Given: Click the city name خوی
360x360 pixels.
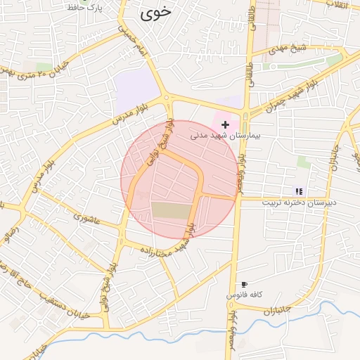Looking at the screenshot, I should coord(156,12).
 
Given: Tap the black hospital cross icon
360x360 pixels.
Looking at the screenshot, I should coord(225,124).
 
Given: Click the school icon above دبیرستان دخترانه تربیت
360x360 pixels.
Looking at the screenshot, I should coord(298,191).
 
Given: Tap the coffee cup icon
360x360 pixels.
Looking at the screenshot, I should coord(244,285).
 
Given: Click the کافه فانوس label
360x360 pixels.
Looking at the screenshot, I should coord(243,295).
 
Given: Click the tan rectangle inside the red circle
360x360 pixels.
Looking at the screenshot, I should coord(171,210).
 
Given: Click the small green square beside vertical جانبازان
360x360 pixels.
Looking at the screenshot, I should coord(304,161).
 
